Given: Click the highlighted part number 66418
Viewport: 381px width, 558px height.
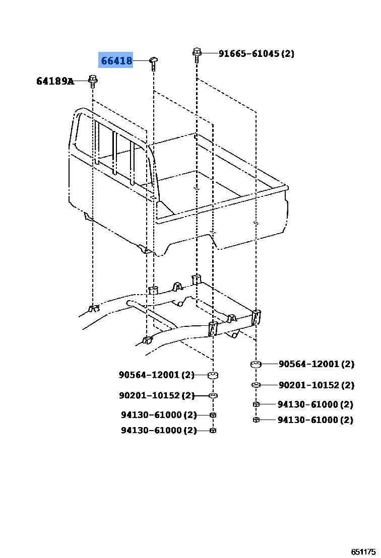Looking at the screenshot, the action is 116,60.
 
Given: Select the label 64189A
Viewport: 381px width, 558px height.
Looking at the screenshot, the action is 55,81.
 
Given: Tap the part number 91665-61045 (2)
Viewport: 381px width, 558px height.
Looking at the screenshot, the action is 257,53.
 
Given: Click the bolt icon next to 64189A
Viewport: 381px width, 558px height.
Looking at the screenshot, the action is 93,81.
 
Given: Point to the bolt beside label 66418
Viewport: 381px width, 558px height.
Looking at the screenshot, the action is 153,63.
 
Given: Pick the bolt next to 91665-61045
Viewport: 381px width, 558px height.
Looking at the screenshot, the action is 197,54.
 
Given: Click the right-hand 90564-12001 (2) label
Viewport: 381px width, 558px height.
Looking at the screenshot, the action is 316,364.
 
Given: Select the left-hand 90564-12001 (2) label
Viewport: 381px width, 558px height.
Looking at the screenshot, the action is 157,375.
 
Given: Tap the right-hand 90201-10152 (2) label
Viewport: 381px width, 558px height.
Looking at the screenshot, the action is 316,385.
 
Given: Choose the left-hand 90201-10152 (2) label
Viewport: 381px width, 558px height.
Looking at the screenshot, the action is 157,395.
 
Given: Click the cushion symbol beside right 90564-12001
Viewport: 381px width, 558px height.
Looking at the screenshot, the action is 256,364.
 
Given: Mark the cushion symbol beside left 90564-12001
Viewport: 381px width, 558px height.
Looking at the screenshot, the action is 213,375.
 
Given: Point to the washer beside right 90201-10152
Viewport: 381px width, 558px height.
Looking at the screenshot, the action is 256,385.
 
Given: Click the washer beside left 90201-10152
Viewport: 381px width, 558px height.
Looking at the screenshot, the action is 213,395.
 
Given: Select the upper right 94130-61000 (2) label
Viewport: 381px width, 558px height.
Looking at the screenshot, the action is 315,404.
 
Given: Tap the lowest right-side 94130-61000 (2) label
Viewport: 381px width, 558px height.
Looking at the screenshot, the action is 315,420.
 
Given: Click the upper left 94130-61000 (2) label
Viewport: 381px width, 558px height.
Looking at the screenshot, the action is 159,414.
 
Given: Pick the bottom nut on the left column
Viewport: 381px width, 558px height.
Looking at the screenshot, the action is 213,430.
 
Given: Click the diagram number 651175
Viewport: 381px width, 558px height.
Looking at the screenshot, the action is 363,551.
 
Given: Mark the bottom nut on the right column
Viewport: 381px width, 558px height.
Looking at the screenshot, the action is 256,420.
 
